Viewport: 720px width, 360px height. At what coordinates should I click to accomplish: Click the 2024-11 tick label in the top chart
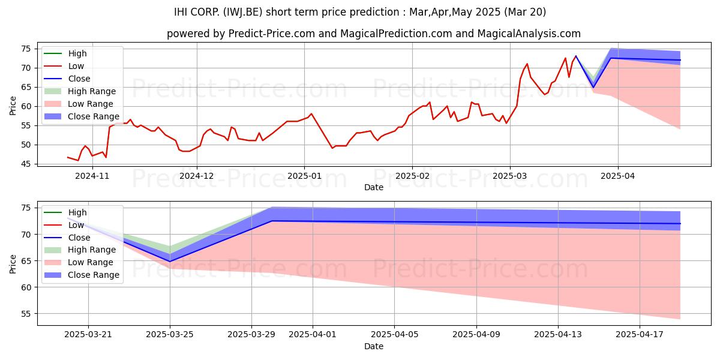coord(92,176)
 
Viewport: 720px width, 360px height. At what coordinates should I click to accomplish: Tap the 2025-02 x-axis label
coord(412,176)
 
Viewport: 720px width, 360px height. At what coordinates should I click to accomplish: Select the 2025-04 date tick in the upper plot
coord(618,176)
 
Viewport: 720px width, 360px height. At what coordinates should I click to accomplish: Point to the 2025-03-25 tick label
coord(170,335)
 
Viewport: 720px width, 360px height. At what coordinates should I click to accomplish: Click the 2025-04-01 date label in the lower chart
coord(313,335)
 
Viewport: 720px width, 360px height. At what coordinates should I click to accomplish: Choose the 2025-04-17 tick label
coord(640,335)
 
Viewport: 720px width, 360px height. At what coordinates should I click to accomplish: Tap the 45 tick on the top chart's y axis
coord(26,164)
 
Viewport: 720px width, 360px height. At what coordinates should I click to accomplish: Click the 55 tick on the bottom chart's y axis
coord(26,314)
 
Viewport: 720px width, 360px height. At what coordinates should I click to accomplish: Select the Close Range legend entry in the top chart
coord(82,116)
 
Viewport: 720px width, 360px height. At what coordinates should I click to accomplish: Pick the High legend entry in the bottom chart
coord(65,212)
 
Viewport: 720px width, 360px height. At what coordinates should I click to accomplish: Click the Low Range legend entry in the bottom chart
coord(79,262)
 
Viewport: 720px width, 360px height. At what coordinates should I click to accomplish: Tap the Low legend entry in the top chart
coord(64,66)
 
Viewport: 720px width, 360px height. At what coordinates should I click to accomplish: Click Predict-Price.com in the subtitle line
coord(271,34)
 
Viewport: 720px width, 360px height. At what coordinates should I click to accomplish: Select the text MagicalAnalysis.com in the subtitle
coord(529,34)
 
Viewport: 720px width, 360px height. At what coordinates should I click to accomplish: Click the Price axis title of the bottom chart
coord(13,264)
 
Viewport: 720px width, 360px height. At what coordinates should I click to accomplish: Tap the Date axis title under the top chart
coord(373,187)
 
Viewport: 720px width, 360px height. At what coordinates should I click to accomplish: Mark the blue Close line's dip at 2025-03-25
coord(170,262)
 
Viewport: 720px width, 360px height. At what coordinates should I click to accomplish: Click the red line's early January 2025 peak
coord(311,114)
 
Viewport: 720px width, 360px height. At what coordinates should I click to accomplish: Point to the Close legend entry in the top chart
coord(67,79)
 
